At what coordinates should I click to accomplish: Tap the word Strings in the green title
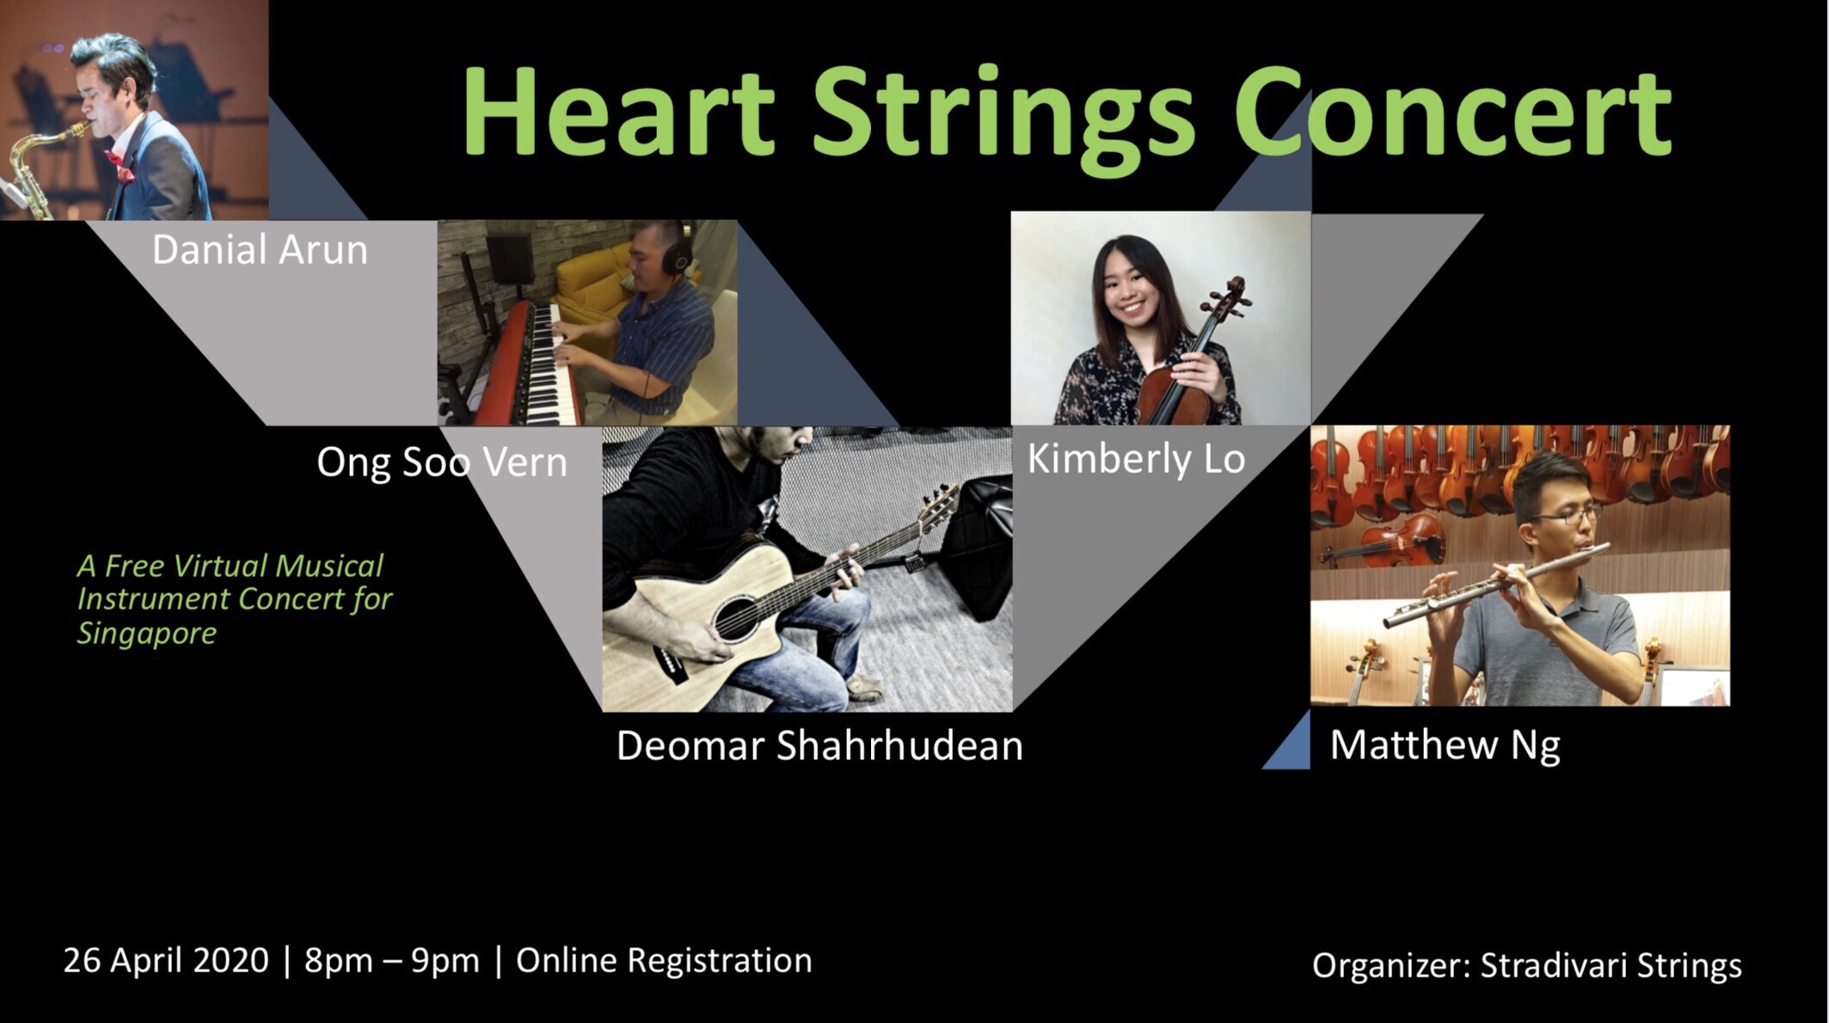pyautogui.click(x=1003, y=120)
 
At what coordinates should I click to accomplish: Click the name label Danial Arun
pyautogui.click(x=260, y=250)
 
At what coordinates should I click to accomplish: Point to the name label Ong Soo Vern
pyautogui.click(x=442, y=462)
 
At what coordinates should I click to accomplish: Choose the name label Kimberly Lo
pyautogui.click(x=1136, y=459)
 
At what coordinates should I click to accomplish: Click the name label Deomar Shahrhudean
pyautogui.click(x=819, y=745)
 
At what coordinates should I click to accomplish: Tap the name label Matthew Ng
pyautogui.click(x=1445, y=745)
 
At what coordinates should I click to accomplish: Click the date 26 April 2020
pyautogui.click(x=166, y=960)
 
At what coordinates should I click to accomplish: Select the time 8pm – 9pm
pyautogui.click(x=392, y=961)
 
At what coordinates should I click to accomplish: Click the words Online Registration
pyautogui.click(x=664, y=960)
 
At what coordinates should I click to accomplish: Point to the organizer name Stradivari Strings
pyautogui.click(x=1611, y=965)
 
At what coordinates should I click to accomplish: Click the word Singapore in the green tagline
pyautogui.click(x=147, y=634)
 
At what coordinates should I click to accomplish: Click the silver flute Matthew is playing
pyautogui.click(x=1496, y=585)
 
